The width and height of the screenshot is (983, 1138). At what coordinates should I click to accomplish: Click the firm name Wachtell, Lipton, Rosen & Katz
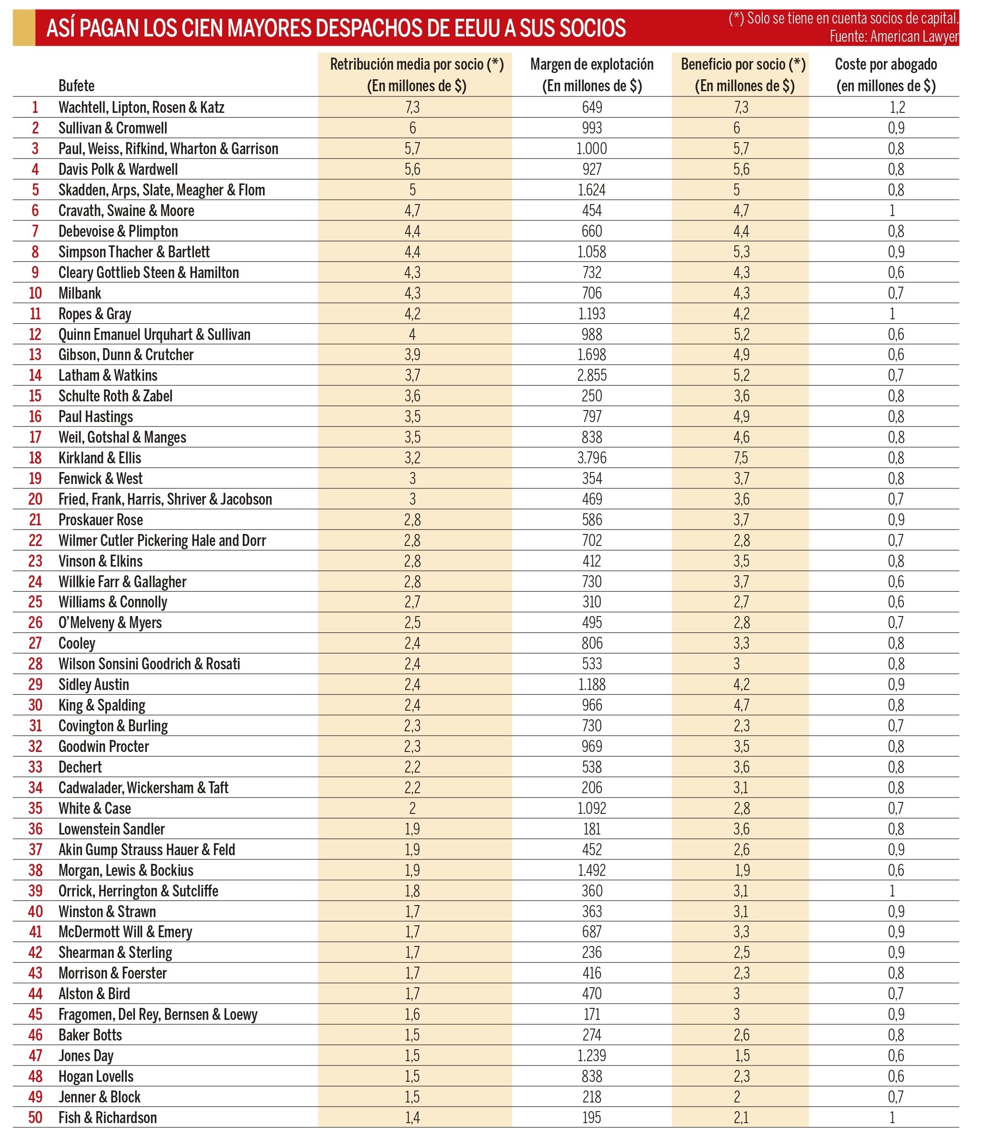(141, 107)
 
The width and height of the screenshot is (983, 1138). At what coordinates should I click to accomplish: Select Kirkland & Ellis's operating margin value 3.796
(591, 458)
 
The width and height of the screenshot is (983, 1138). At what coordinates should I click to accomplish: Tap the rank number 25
(35, 602)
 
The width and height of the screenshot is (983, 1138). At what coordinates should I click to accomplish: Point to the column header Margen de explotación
(591, 64)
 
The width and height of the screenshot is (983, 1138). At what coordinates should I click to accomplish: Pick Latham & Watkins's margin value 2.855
(591, 375)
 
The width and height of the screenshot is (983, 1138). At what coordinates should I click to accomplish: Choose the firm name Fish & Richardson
(108, 1118)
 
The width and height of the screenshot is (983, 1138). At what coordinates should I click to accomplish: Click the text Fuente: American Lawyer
(894, 37)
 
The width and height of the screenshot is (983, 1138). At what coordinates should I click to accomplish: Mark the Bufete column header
(76, 85)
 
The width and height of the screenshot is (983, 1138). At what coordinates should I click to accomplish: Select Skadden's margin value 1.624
(591, 190)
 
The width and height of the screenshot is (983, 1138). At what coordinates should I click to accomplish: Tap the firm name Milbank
(80, 293)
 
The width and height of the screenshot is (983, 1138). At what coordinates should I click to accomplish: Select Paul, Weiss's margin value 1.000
(591, 149)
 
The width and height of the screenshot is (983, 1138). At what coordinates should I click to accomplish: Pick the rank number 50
(35, 1118)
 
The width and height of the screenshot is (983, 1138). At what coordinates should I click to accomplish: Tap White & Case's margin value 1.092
(591, 809)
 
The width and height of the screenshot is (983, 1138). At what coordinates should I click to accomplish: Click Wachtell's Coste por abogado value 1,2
(896, 107)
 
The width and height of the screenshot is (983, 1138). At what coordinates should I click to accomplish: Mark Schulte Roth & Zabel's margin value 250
(591, 396)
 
